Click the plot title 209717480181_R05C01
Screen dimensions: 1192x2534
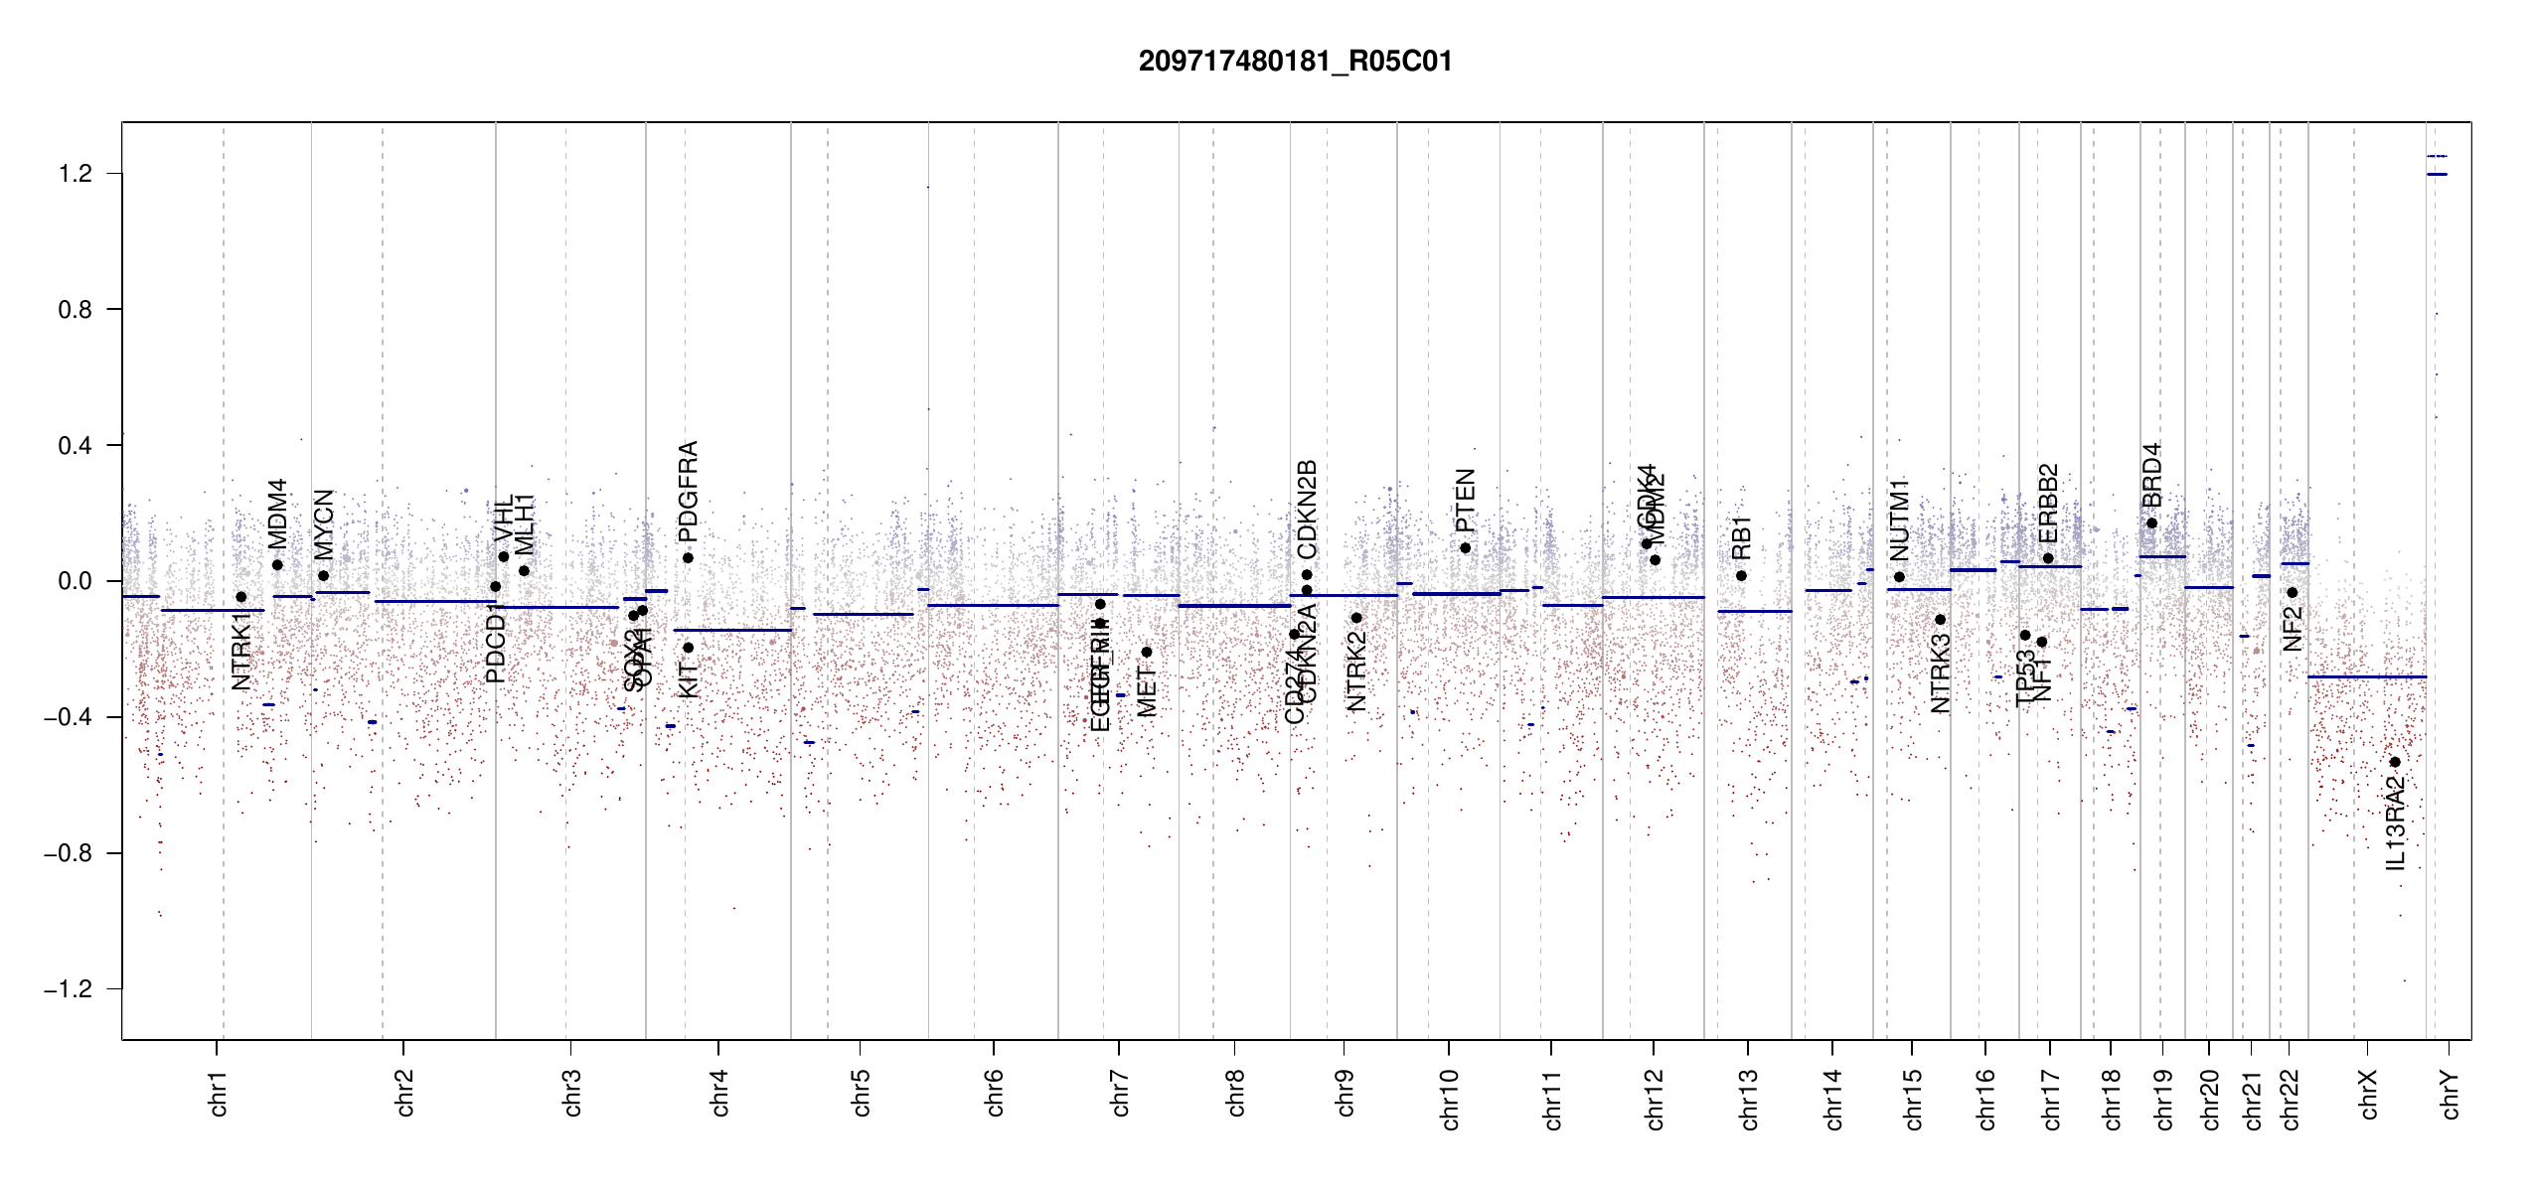(1295, 62)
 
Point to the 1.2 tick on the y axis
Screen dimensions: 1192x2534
(75, 174)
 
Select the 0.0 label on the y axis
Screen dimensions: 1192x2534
(75, 581)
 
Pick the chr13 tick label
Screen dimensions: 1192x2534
(1749, 1099)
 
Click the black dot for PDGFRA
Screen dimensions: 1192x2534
(688, 558)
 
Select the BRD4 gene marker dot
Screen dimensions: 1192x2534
(2151, 523)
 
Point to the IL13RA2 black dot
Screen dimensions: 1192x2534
(2395, 762)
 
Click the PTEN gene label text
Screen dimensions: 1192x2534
(1465, 501)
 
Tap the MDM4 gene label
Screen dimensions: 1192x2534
(277, 514)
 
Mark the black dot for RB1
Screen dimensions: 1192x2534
(1741, 576)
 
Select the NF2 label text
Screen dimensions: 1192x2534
(2293, 629)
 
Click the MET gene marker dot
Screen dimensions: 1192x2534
(1147, 652)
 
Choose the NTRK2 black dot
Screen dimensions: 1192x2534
(1356, 618)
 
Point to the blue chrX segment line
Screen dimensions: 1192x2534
(2366, 676)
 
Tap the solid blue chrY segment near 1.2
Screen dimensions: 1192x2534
(2437, 175)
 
